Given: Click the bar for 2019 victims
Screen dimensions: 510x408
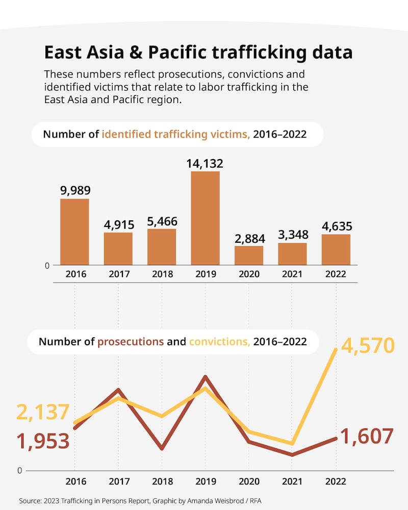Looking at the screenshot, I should [x=205, y=218].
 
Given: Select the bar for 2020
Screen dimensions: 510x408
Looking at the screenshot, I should [x=249, y=256].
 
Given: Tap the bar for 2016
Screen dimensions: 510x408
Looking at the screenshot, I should [x=74, y=232].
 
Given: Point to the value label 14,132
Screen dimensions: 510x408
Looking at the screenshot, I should [x=205, y=163].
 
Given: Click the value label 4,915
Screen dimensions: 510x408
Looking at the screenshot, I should [x=118, y=224].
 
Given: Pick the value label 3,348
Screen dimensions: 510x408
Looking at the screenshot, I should [x=292, y=235].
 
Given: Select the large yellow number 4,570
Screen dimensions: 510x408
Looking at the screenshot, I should [x=367, y=346].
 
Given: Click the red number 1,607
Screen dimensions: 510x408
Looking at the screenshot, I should [x=366, y=437].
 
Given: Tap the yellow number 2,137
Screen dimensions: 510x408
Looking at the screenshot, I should [x=43, y=412].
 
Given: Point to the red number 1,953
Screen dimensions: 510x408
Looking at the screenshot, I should [x=43, y=441].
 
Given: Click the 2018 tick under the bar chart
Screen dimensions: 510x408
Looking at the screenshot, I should [x=162, y=274].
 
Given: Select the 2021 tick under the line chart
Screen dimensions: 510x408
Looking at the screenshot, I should [x=292, y=481].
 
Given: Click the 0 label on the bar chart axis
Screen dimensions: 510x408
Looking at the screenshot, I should [x=47, y=265].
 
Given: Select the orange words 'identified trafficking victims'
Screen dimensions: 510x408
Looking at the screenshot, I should [x=176, y=135].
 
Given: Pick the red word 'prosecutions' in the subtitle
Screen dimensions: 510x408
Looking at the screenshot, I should [x=131, y=342].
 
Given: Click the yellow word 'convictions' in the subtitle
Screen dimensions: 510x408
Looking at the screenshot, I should [x=219, y=342].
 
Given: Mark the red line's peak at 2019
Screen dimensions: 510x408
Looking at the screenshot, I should [x=205, y=377].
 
